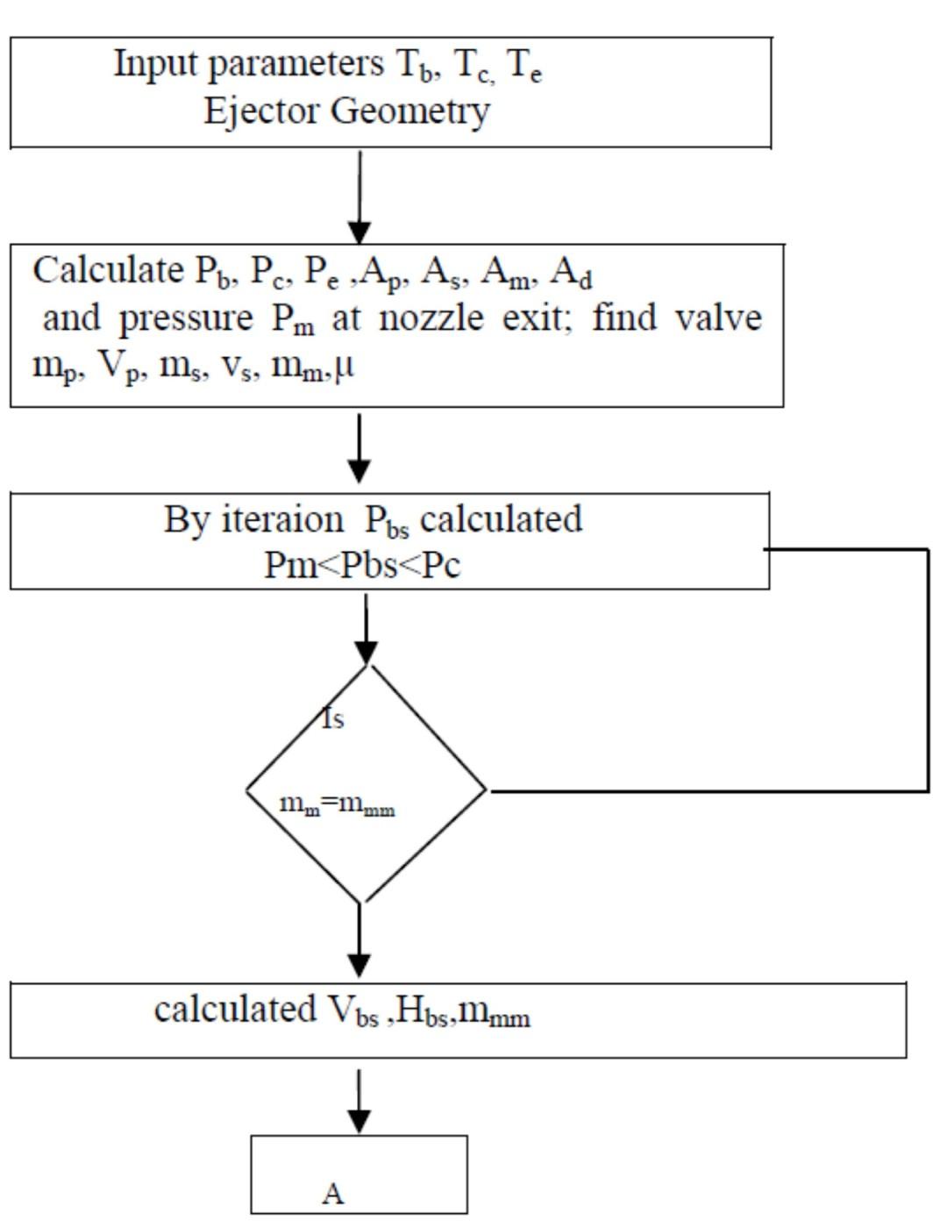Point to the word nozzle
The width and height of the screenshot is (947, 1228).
tap(431, 318)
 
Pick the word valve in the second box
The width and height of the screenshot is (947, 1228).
tap(718, 317)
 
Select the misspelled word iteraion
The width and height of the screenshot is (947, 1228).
tap(282, 519)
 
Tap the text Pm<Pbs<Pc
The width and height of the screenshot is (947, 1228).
tap(362, 566)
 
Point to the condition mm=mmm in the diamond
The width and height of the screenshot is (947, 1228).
tap(337, 804)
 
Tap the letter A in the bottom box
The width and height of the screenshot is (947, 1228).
tap(332, 1194)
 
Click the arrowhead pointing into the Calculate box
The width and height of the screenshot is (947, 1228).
tap(360, 232)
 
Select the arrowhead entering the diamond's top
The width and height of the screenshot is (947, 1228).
tap(367, 653)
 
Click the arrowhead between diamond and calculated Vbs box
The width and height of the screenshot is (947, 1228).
tap(360, 964)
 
